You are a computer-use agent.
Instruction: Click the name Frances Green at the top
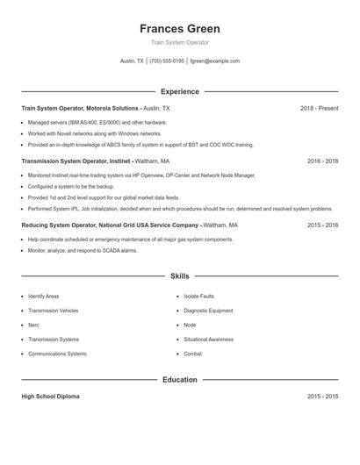(x=179, y=28)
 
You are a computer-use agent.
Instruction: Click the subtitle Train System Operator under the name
(x=179, y=43)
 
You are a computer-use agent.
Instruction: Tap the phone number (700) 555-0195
(x=167, y=61)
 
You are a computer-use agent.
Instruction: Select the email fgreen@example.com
(x=214, y=61)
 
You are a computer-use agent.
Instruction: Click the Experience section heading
(x=179, y=91)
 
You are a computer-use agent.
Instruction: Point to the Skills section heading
(x=179, y=276)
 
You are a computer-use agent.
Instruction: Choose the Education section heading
(x=179, y=380)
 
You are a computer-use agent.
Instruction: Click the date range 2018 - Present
(x=319, y=108)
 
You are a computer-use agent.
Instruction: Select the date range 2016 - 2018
(x=322, y=161)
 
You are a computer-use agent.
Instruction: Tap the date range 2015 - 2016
(x=322, y=225)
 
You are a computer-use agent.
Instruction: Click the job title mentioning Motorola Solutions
(x=96, y=108)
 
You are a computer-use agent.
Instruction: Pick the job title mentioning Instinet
(x=96, y=161)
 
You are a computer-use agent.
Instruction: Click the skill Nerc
(x=34, y=325)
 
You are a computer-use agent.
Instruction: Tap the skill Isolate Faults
(x=198, y=297)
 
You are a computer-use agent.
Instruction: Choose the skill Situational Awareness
(x=208, y=340)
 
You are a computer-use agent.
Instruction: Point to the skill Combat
(x=192, y=354)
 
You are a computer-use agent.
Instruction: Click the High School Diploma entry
(x=50, y=397)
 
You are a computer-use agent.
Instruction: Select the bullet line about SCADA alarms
(x=83, y=250)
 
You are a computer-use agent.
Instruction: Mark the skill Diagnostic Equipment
(x=208, y=311)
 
